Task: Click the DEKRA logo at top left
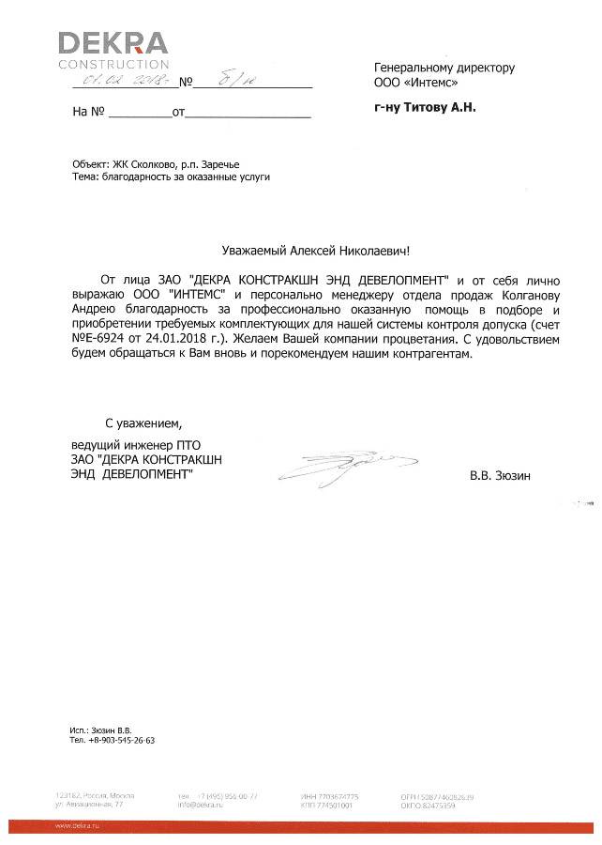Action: (113, 49)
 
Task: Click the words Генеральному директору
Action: (444, 68)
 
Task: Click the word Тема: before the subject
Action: (84, 177)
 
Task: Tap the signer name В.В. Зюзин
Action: (500, 476)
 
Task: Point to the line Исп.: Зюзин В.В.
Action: (101, 730)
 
